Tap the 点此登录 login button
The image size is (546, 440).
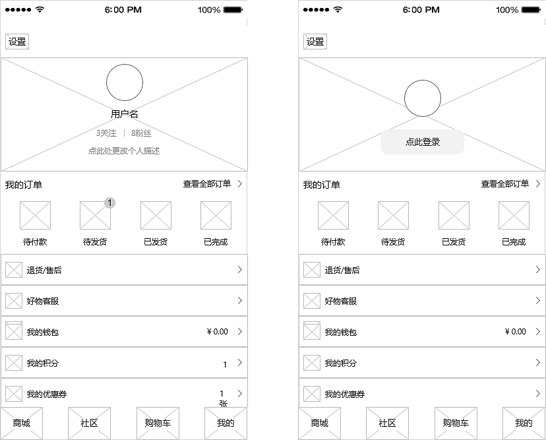(x=423, y=142)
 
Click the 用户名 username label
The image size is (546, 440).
(x=125, y=114)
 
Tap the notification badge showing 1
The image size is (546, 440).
(x=110, y=203)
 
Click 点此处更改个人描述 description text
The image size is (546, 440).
(x=124, y=151)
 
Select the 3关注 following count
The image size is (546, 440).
(x=106, y=133)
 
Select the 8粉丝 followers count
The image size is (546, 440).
(x=141, y=133)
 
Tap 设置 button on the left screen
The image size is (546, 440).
(x=17, y=42)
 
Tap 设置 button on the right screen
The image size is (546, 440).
(x=315, y=42)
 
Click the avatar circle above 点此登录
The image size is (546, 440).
(x=423, y=98)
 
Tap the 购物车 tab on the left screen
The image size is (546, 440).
(x=158, y=423)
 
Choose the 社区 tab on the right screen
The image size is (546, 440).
(x=387, y=423)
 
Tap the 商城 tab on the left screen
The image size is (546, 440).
(x=22, y=423)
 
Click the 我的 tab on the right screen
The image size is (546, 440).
(x=524, y=423)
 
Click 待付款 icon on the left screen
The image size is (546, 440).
(x=35, y=216)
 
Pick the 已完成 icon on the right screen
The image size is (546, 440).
(x=514, y=216)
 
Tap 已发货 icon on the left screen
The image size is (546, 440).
(x=156, y=216)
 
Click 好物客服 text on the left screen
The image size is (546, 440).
(x=43, y=301)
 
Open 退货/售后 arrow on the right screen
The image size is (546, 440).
(x=537, y=270)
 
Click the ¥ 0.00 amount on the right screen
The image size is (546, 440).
(x=516, y=332)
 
